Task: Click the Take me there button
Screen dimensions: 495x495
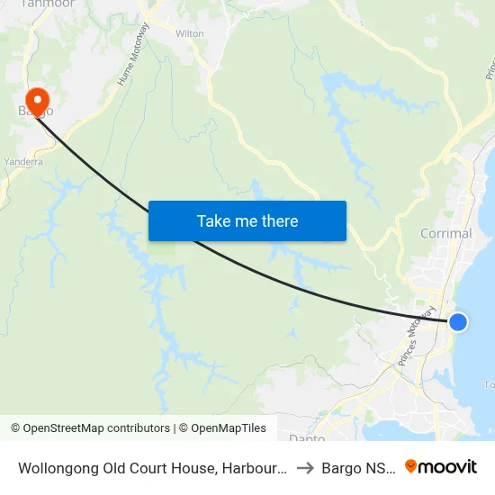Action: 247,220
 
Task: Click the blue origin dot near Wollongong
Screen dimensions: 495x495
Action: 458,321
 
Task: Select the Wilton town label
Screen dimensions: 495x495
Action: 190,33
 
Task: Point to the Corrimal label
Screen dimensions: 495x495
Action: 445,233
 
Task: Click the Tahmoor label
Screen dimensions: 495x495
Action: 47,4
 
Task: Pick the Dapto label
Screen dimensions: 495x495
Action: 307,437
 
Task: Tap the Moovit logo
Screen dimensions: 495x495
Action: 441,466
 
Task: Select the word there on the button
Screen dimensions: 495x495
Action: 278,220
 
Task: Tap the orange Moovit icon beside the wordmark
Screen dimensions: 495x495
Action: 411,466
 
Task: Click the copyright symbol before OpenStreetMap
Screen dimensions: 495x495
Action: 16,428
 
